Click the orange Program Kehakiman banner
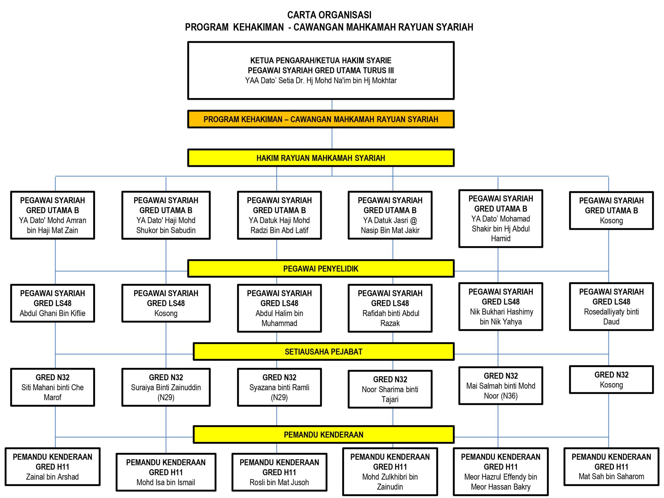tap(321, 119)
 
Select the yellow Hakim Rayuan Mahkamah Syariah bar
tap(321, 158)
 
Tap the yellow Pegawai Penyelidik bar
tap(321, 269)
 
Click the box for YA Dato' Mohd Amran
tap(53, 215)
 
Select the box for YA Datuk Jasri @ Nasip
tap(390, 215)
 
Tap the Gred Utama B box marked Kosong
tap(611, 211)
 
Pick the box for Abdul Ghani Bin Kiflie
tap(53, 303)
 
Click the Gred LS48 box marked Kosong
tap(166, 303)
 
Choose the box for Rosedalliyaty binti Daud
tap(611, 307)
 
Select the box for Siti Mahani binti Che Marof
tap(53, 387)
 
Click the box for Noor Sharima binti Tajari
tap(390, 389)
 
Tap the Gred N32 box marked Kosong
tap(611, 380)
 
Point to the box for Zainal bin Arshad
tap(53, 467)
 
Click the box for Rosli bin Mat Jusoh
tap(279, 472)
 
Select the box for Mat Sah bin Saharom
tap(611, 467)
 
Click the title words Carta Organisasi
tap(329, 15)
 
